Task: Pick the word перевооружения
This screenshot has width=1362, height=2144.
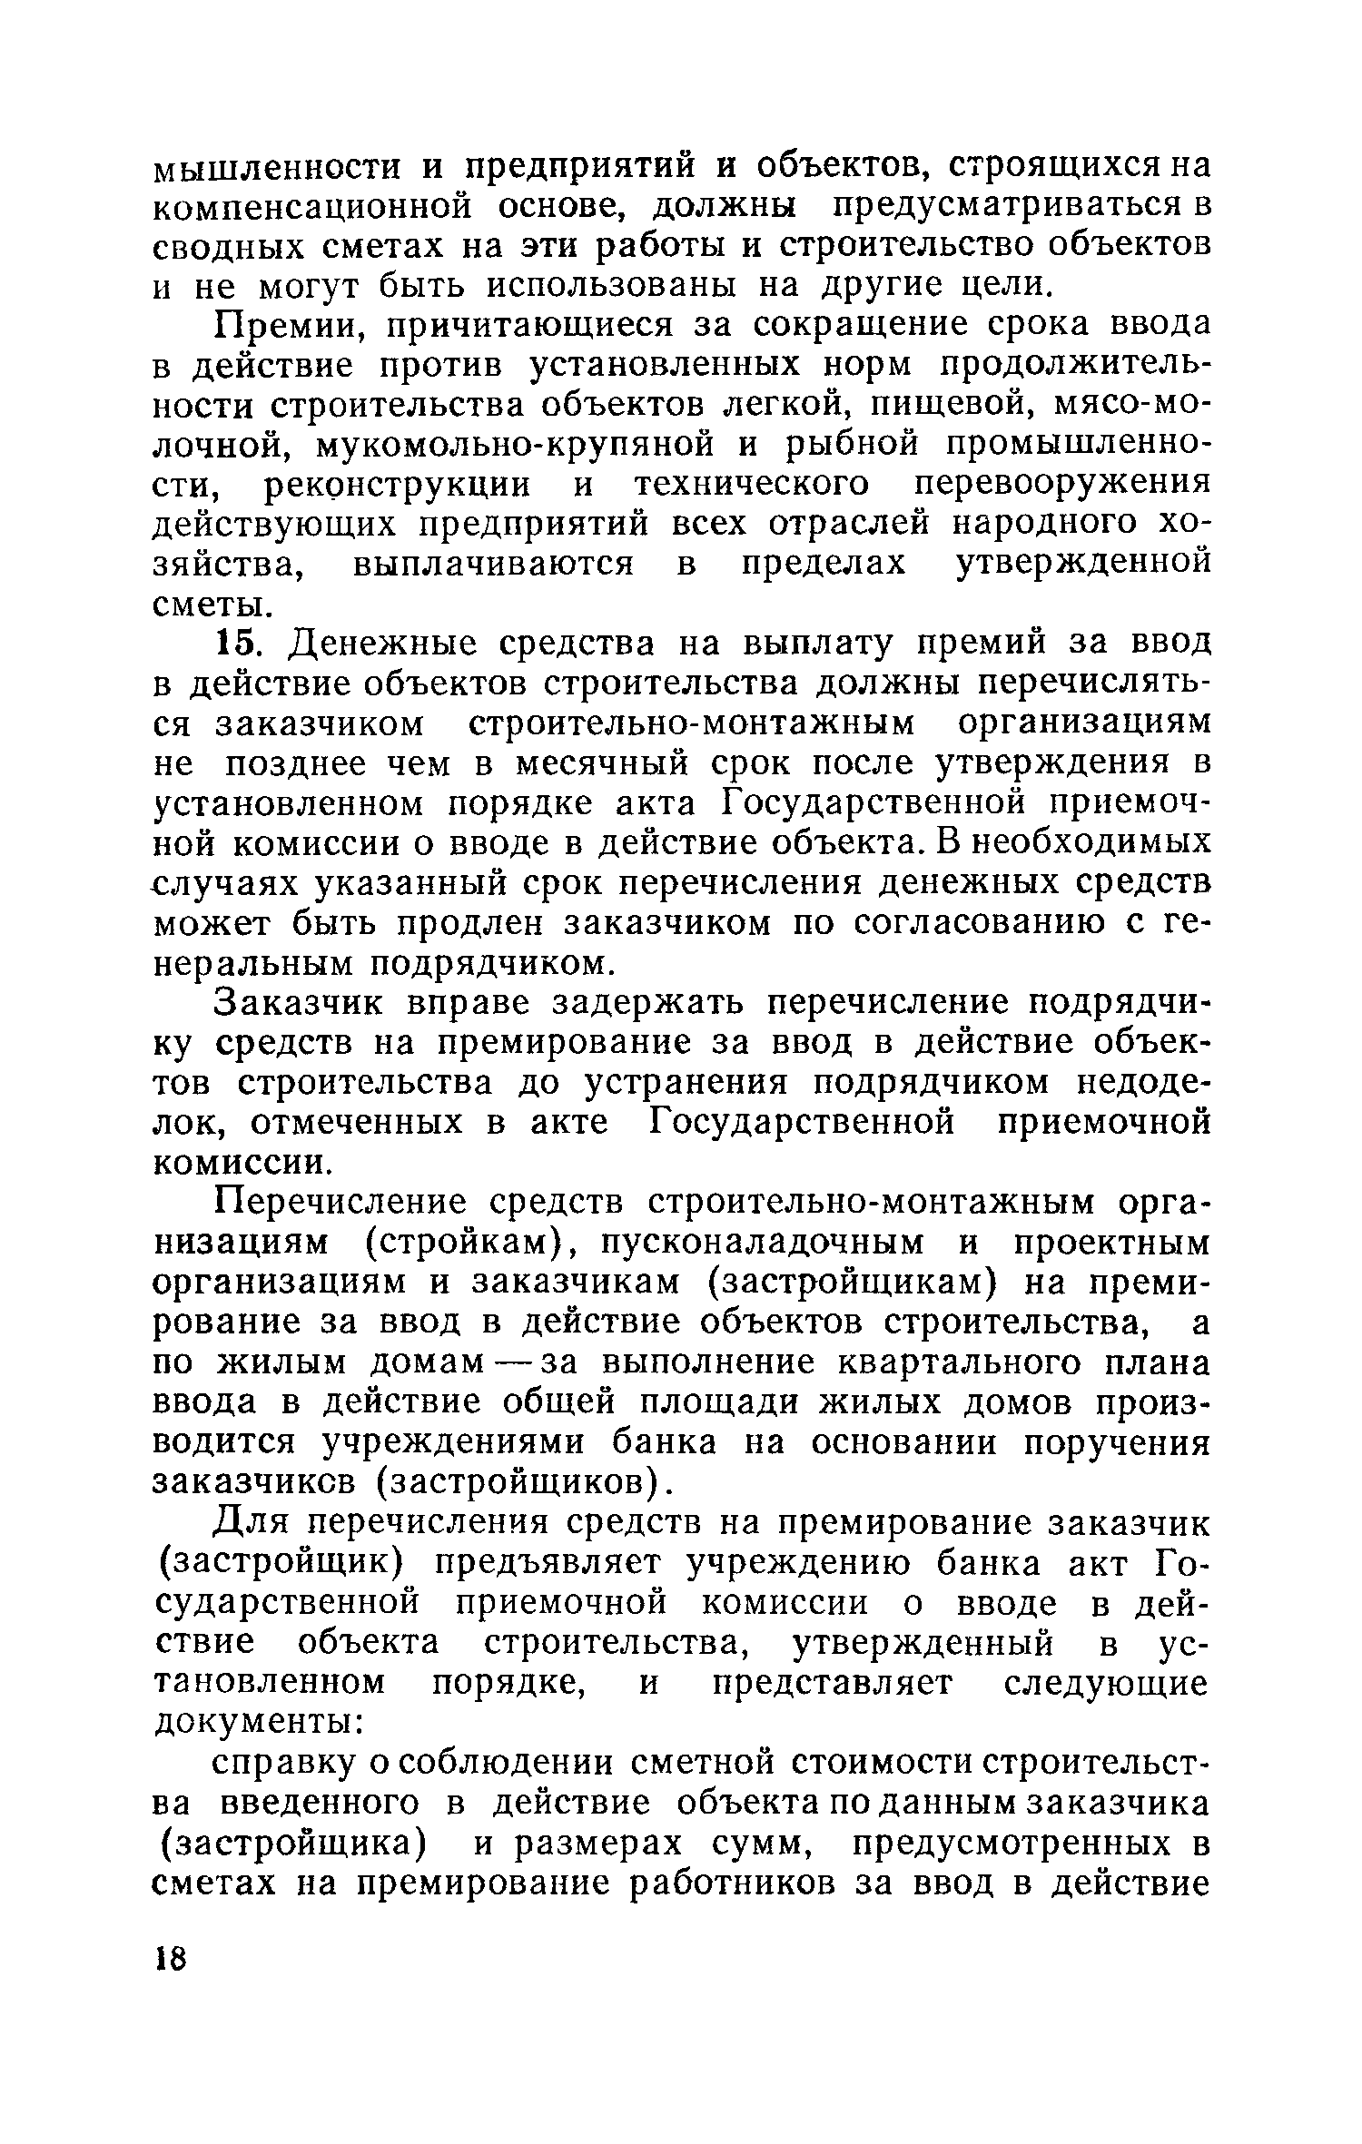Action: coord(1061,484)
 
